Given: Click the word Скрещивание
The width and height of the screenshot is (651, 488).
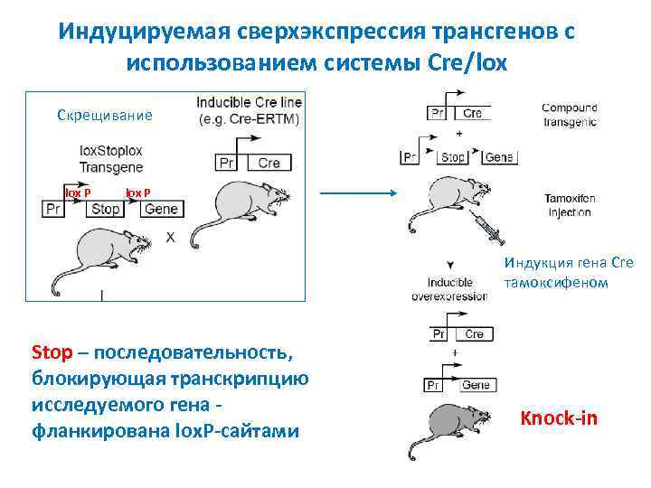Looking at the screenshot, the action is coord(105,116).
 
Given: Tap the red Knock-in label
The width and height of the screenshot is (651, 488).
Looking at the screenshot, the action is coord(559,418).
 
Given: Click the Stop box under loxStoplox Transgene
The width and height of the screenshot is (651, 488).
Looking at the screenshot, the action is coord(106,210).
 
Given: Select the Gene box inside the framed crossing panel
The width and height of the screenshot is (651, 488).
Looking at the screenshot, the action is coord(162,210).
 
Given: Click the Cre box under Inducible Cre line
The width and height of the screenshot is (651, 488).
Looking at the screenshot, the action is coord(269,163).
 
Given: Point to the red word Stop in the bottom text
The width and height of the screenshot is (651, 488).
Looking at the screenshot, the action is coord(45,352).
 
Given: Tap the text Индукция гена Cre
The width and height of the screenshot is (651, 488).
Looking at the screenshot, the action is coord(569,263).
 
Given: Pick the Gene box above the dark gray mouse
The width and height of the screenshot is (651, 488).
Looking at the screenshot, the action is coord(475,386).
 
